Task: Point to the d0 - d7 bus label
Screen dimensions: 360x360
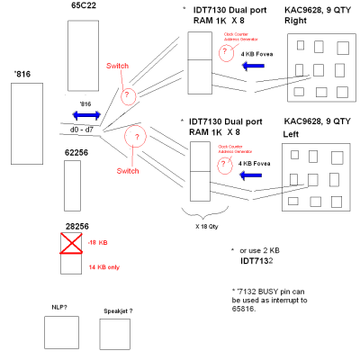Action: tap(82, 131)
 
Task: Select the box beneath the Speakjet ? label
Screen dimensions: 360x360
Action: tap(115, 334)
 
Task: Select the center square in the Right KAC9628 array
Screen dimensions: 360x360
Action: tap(321, 68)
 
